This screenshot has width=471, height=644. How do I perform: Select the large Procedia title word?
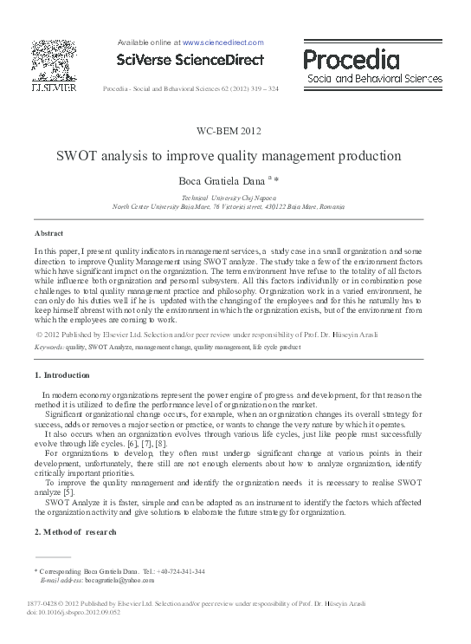coord(352,59)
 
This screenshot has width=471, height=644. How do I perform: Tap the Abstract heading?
coord(48,233)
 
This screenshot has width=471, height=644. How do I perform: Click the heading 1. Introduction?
coord(61,375)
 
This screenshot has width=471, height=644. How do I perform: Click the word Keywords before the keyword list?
coord(49,346)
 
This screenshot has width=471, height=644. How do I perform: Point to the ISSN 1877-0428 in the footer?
coord(44,603)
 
